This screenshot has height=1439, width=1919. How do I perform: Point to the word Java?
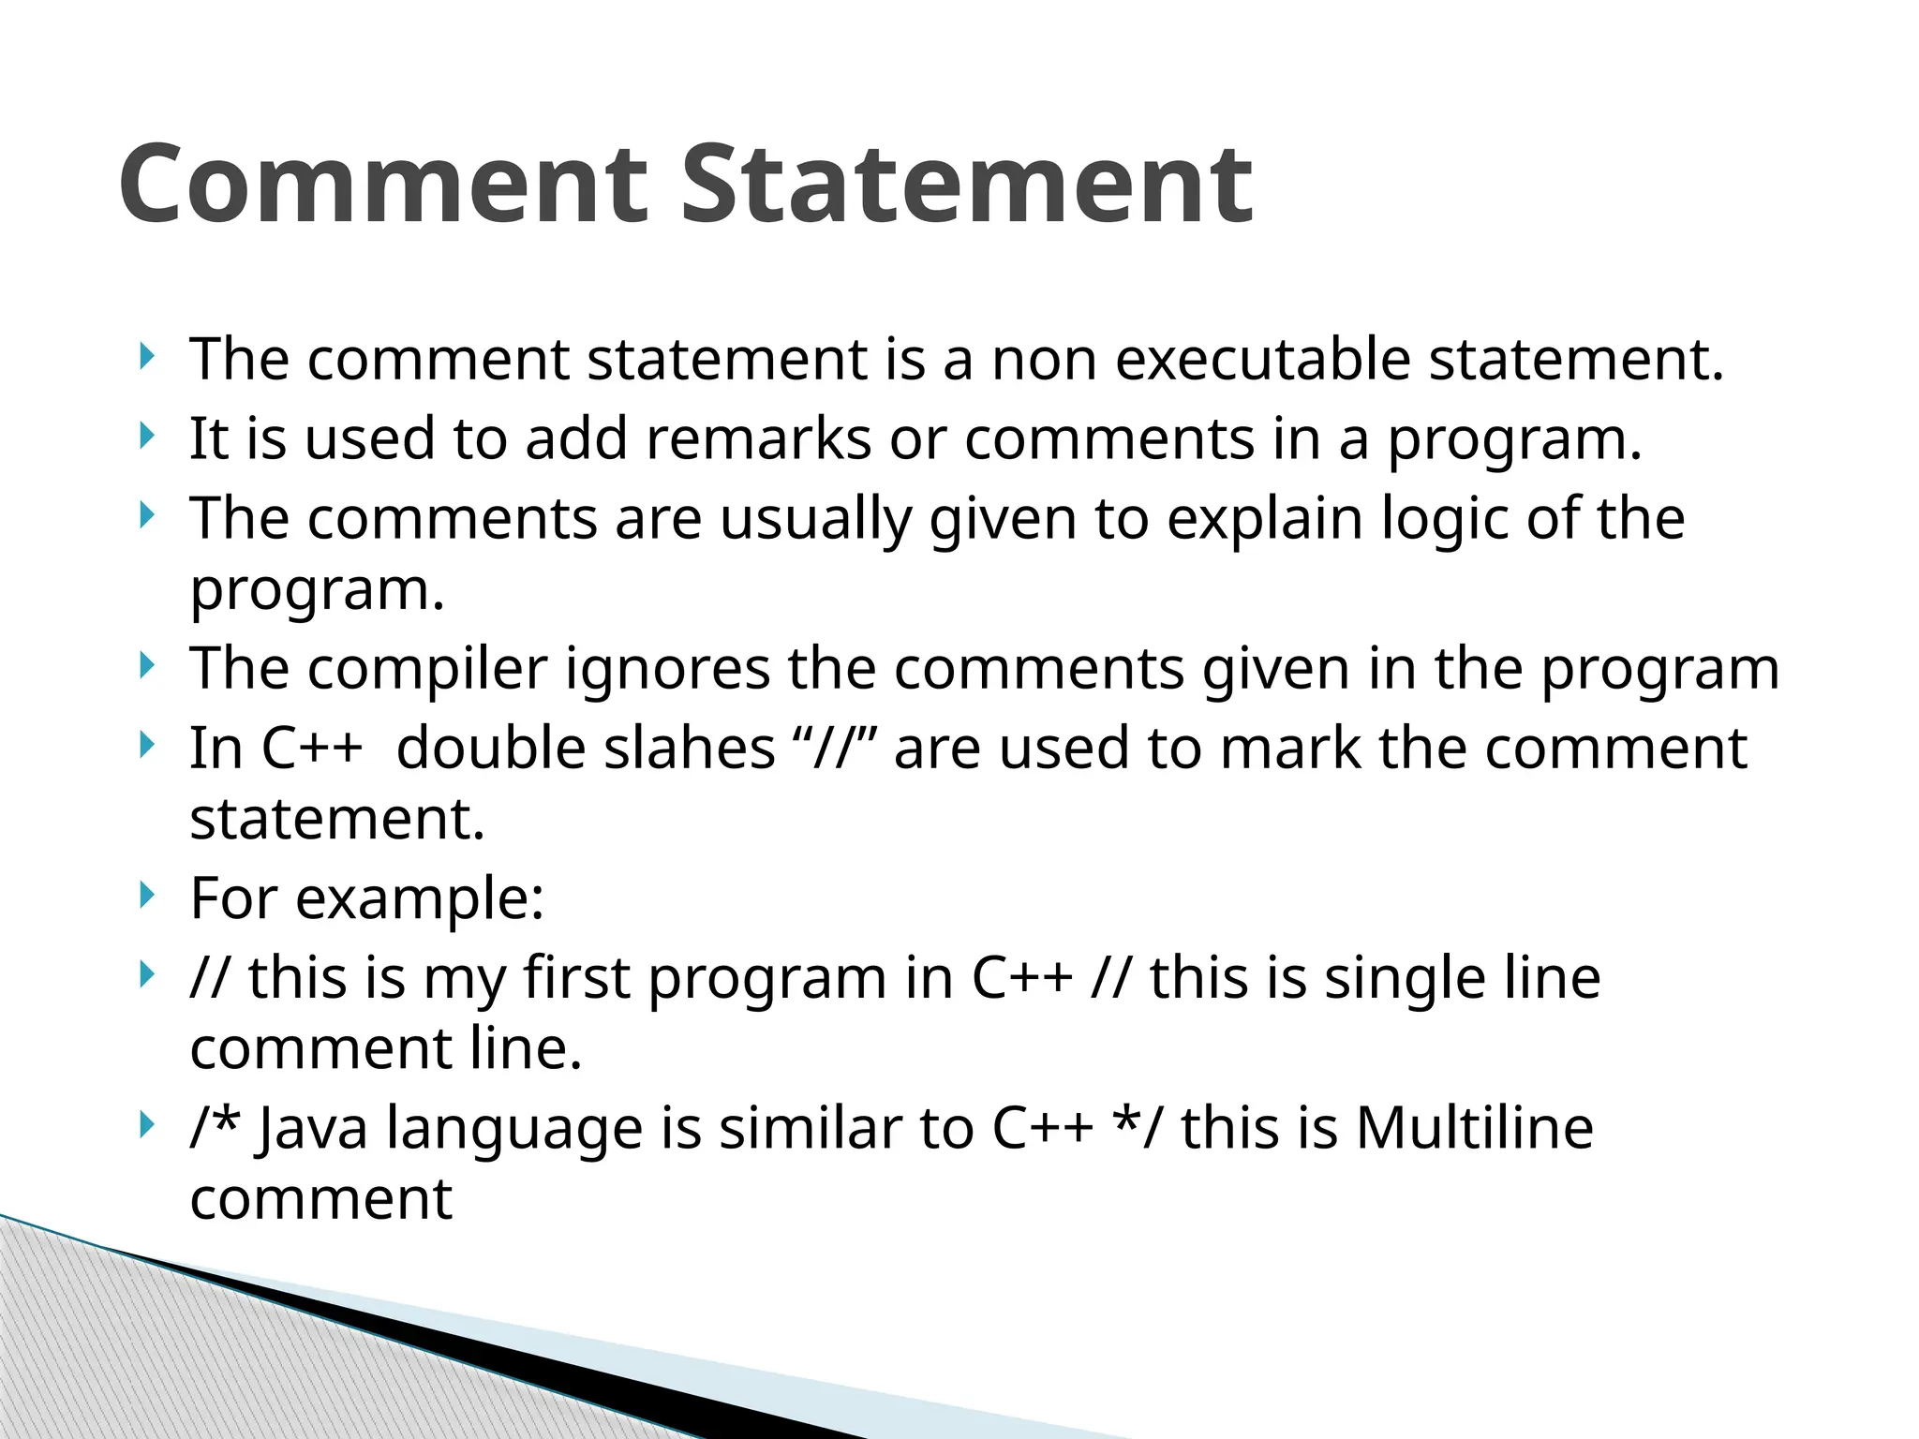pos(312,1128)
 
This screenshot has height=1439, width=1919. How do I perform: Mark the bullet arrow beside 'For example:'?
pos(145,896)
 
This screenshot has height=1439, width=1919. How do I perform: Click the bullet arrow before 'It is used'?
pos(145,436)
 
